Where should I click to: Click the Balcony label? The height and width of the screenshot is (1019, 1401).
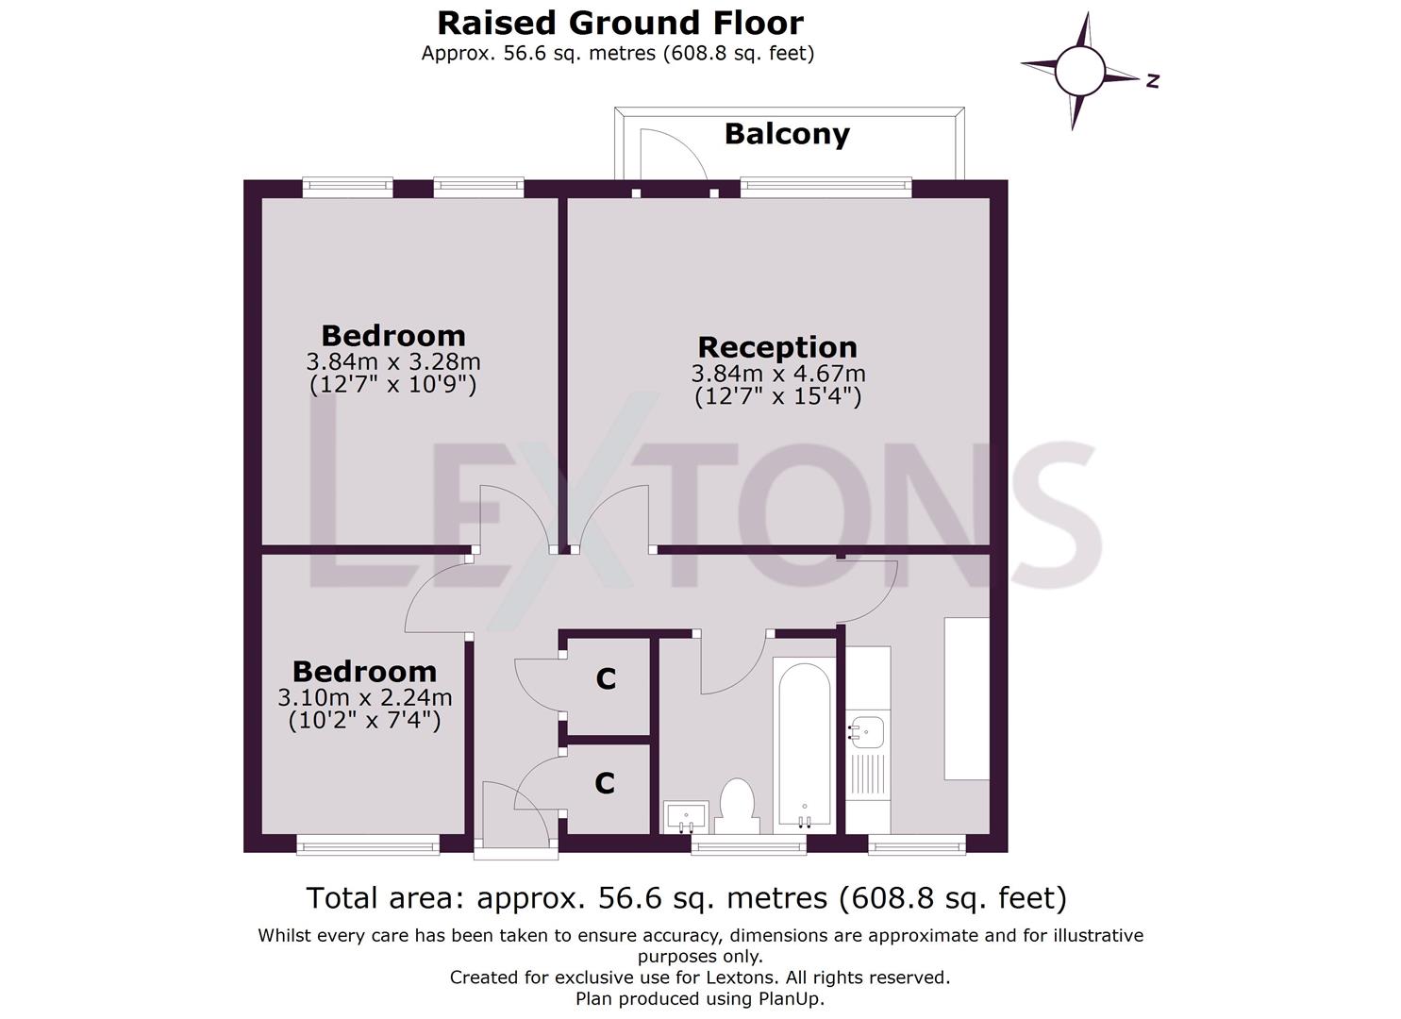click(787, 135)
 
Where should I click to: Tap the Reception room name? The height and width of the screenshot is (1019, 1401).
click(777, 347)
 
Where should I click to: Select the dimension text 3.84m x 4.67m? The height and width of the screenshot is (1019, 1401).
click(778, 374)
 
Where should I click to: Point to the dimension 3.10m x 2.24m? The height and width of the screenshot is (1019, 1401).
click(364, 697)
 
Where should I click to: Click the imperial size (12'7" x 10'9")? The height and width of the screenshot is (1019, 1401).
click(392, 384)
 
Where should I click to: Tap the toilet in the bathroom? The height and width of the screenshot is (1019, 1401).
click(737, 807)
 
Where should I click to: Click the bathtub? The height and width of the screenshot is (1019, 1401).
click(805, 745)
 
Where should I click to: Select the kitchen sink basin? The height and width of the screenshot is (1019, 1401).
click(866, 732)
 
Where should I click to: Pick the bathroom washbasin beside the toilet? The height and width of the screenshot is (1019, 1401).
click(686, 817)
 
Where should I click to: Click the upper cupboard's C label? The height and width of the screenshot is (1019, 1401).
click(606, 678)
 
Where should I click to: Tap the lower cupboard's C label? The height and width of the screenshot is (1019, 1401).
click(604, 783)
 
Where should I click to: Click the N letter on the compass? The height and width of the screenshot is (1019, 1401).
click(1153, 81)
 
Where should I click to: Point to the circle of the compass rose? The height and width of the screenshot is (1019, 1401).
click(1080, 72)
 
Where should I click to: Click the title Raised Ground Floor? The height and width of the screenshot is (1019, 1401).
click(620, 24)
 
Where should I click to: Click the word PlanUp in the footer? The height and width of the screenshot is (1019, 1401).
click(792, 999)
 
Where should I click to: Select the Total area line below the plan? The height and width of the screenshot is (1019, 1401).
click(686, 898)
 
